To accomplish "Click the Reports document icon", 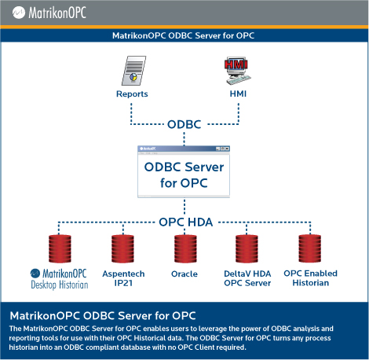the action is [133, 71].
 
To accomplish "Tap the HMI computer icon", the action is [238, 71].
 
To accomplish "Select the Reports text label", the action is [132, 94].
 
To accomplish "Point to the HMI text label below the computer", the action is [238, 94].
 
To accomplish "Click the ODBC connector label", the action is [184, 124].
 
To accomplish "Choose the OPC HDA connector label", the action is [186, 222].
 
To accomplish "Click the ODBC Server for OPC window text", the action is [184, 175].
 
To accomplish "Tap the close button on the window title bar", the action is [227, 149].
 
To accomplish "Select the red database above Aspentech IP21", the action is [122, 248].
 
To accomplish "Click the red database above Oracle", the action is [185, 248].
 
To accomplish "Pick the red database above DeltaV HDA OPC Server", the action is [247, 248].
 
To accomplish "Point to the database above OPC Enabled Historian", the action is [310, 248].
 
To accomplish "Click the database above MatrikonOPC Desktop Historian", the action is [60, 248].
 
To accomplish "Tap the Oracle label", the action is [184, 274].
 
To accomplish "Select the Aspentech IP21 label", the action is [123, 278].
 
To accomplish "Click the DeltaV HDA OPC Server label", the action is [247, 278].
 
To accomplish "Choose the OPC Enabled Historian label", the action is [310, 278].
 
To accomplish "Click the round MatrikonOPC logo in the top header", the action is [19, 13].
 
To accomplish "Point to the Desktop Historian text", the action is [60, 285].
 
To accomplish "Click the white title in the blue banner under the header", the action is [183, 35].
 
